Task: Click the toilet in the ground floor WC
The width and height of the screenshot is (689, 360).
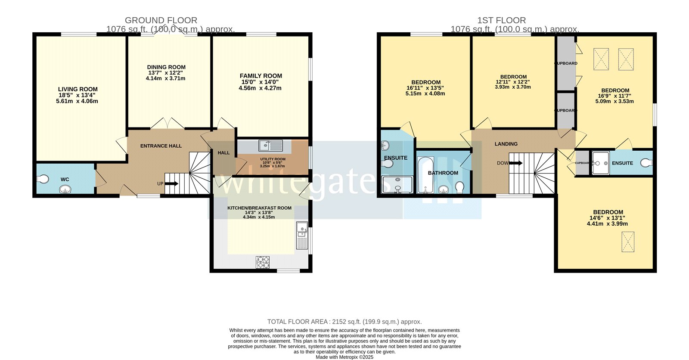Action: coord(43,179)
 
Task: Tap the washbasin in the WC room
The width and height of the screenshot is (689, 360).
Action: coord(65,189)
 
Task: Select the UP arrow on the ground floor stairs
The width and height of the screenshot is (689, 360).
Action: coord(171,183)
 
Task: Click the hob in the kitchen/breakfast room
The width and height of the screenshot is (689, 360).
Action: coord(263,262)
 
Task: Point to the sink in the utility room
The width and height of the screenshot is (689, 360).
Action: coord(271,146)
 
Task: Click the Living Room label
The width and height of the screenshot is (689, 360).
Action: coord(78,89)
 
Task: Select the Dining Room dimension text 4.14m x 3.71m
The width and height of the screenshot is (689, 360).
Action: coord(166,78)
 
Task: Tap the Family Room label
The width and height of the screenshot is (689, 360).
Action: coord(261,76)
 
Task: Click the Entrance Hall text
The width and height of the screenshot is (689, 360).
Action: coord(161,146)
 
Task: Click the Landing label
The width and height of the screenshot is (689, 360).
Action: coord(506,144)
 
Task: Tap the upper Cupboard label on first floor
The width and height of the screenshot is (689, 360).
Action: coord(566,63)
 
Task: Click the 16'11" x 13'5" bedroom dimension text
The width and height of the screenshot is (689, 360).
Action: coord(425,88)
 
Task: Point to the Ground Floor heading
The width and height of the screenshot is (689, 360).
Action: coord(161,20)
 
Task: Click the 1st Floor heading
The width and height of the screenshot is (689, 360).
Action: coord(501,20)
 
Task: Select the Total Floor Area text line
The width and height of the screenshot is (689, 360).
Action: coord(344,322)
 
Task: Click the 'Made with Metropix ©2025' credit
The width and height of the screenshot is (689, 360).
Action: coord(344,357)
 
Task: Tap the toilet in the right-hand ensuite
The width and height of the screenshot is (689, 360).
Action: coord(647,163)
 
